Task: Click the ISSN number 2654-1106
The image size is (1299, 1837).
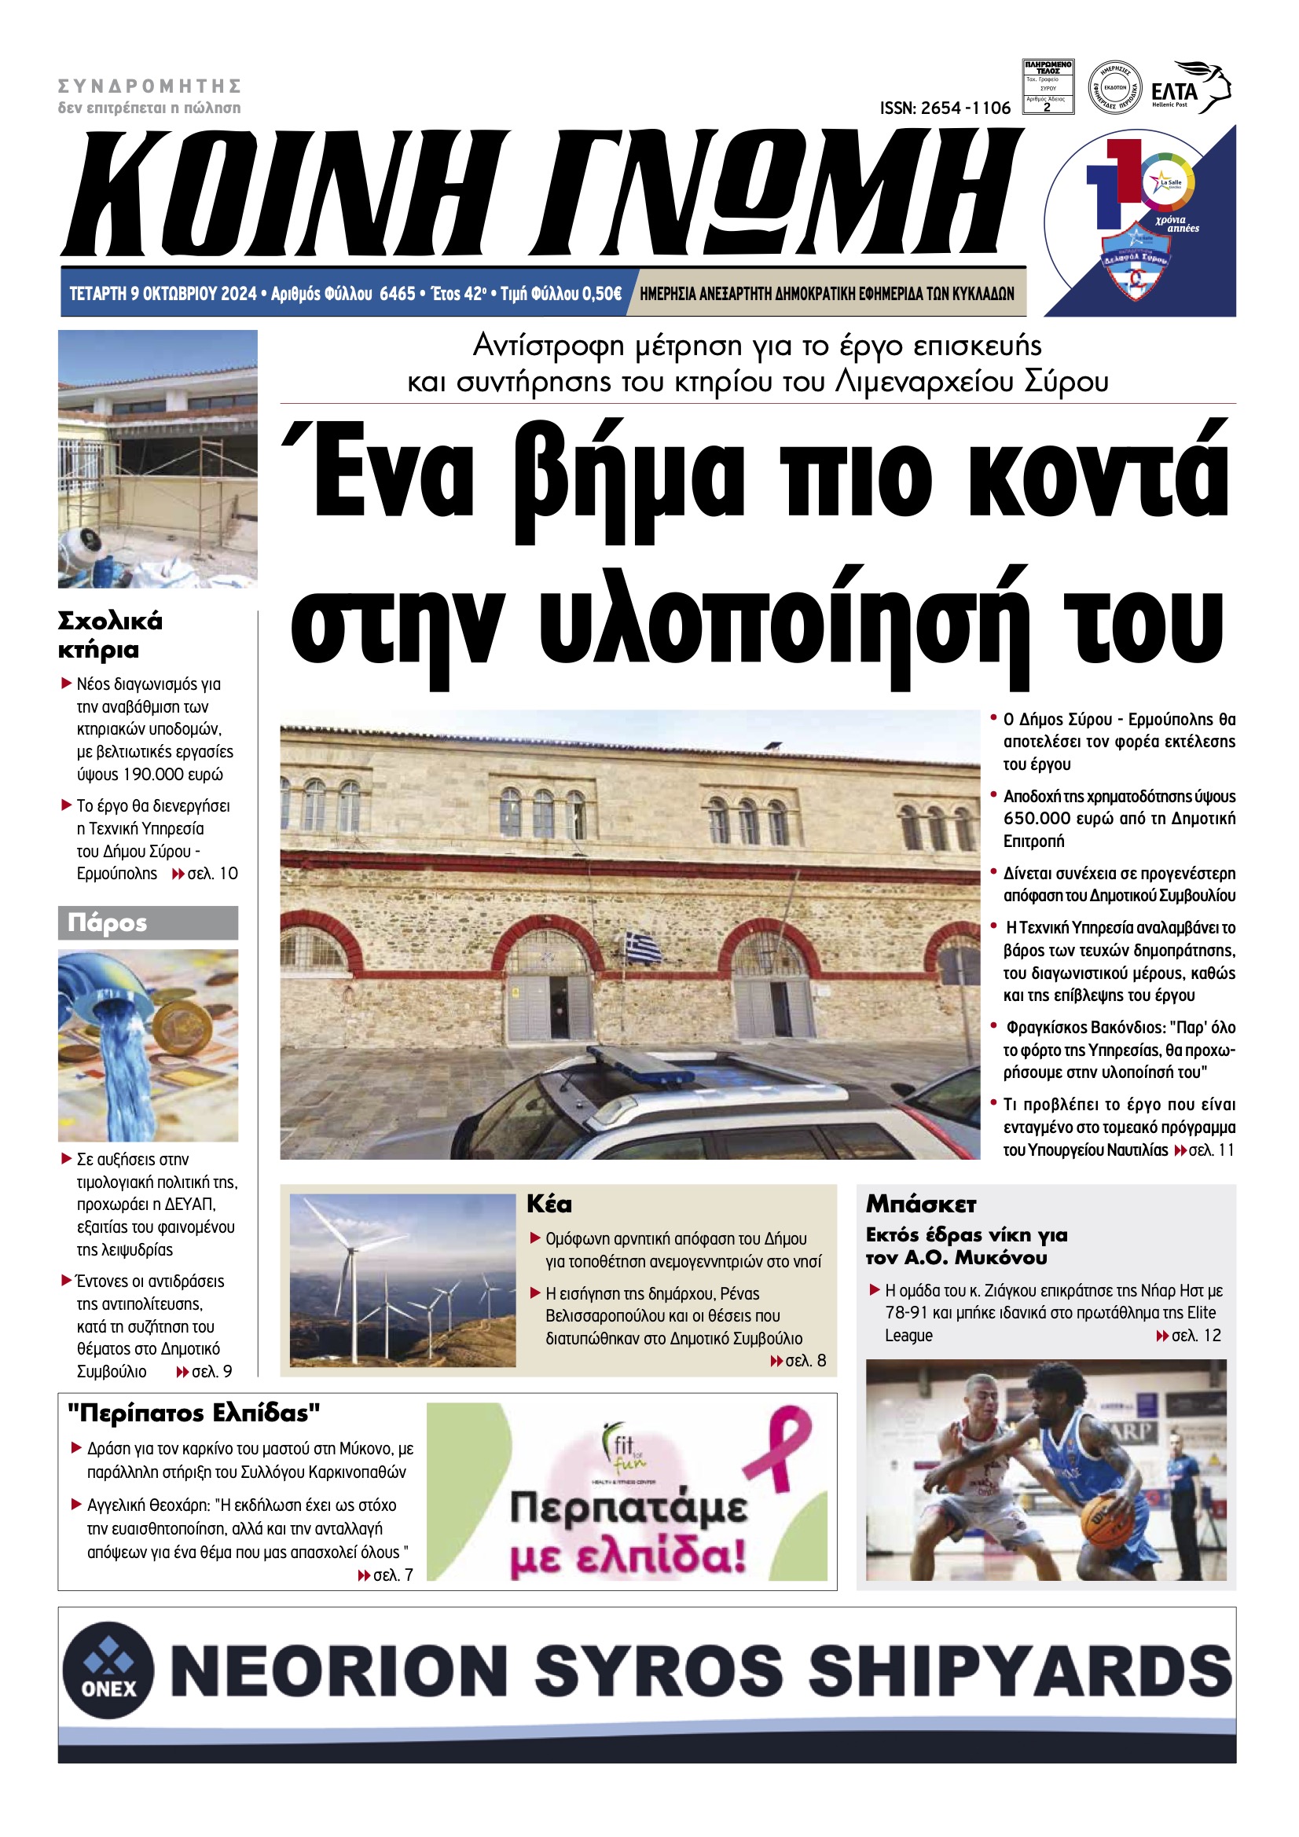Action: point(945,108)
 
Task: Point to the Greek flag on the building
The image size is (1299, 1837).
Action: point(644,947)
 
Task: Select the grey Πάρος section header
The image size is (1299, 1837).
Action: point(148,922)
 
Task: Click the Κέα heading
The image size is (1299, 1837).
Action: point(549,1204)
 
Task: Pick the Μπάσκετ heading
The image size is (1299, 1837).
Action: point(920,1204)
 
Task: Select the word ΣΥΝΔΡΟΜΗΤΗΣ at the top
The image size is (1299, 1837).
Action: point(149,86)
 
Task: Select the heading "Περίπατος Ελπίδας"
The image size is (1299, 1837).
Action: point(193,1413)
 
